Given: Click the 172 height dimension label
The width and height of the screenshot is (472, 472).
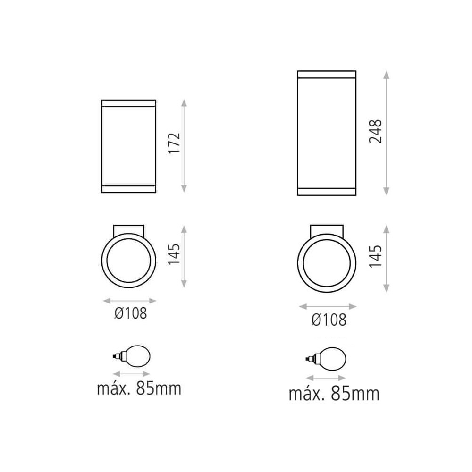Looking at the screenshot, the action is click(x=174, y=143).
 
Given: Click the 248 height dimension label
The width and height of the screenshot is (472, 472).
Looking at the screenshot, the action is click(x=376, y=132).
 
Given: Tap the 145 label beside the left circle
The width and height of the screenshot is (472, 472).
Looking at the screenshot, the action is click(x=174, y=254).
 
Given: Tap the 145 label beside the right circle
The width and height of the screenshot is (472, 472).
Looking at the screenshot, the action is click(x=376, y=256).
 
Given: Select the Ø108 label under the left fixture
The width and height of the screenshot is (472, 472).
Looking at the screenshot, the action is click(x=131, y=313).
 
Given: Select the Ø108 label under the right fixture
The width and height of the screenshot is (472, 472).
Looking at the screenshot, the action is click(x=329, y=320).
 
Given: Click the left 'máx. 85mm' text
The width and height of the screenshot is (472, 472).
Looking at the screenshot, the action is click(x=139, y=388).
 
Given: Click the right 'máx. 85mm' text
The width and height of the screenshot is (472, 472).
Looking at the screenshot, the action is click(x=334, y=394).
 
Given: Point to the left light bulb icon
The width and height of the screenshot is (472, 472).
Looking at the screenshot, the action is click(x=131, y=357).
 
